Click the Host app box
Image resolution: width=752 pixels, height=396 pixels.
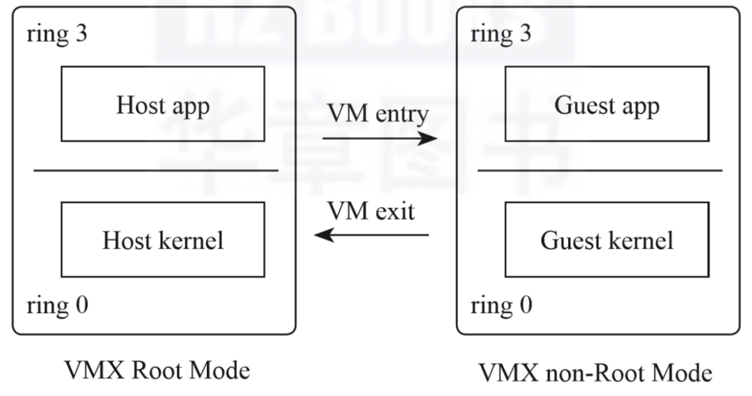(163, 104)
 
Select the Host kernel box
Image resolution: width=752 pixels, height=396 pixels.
(163, 239)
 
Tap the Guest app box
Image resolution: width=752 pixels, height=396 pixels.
(606, 104)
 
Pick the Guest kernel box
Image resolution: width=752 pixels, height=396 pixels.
(606, 239)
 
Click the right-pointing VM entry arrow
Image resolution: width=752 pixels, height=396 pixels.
(379, 138)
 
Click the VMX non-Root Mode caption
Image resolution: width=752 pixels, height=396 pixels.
(595, 373)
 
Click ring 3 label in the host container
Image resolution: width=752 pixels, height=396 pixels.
(57, 35)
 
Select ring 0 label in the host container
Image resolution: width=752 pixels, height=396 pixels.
(57, 305)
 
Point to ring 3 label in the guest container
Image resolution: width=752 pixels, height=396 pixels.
(502, 35)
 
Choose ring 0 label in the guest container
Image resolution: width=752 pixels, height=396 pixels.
(502, 305)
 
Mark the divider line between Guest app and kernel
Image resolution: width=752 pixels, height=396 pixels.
(600, 170)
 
